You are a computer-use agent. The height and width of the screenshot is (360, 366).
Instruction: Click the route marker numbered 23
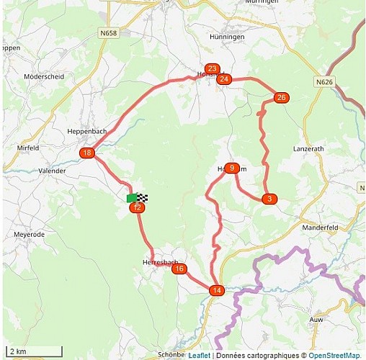tap(212, 68)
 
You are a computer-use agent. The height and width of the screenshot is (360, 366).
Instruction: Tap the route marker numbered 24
tap(224, 78)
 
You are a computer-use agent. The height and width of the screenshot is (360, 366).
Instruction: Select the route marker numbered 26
tap(281, 97)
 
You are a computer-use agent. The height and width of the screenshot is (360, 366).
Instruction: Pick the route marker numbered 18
tap(87, 153)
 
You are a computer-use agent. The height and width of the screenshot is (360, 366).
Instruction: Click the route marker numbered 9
tap(231, 168)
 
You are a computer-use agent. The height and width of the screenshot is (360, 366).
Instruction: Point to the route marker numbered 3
tap(269, 198)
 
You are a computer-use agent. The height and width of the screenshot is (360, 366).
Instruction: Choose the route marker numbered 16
tap(179, 269)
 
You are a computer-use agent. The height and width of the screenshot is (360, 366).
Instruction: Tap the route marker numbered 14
tap(217, 290)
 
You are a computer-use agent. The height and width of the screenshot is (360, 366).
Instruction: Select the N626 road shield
tap(324, 82)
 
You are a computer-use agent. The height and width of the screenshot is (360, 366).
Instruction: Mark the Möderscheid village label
tap(44, 76)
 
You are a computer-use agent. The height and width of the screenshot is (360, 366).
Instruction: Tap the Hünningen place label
tap(228, 36)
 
